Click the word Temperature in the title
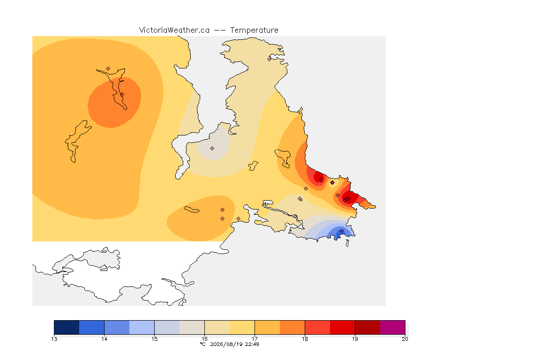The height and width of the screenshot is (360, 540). (254, 30)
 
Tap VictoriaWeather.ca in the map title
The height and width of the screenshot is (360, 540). (174, 30)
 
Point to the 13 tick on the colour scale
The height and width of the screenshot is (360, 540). (54, 339)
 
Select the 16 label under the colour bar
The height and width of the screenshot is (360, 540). (205, 339)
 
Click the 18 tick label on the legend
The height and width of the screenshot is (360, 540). (305, 339)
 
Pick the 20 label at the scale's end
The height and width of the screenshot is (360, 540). (405, 339)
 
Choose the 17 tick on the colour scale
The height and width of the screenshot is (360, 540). (255, 339)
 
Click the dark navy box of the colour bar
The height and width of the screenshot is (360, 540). (67, 327)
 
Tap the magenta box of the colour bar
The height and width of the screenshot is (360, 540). (393, 327)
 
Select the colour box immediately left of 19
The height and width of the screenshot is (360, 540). (342, 327)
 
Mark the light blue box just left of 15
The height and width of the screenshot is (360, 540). (142, 327)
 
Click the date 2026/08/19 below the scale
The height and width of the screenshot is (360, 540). (226, 344)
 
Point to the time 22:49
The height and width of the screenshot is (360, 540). (252, 344)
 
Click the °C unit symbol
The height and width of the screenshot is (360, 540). (203, 344)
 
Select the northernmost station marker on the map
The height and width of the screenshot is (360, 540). (270, 59)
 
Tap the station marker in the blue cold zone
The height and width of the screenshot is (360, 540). (341, 231)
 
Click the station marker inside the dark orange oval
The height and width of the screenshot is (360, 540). (122, 94)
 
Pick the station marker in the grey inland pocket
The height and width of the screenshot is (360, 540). (212, 149)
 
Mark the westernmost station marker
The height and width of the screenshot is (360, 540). (108, 69)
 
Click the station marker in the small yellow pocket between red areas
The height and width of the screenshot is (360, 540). (332, 183)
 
